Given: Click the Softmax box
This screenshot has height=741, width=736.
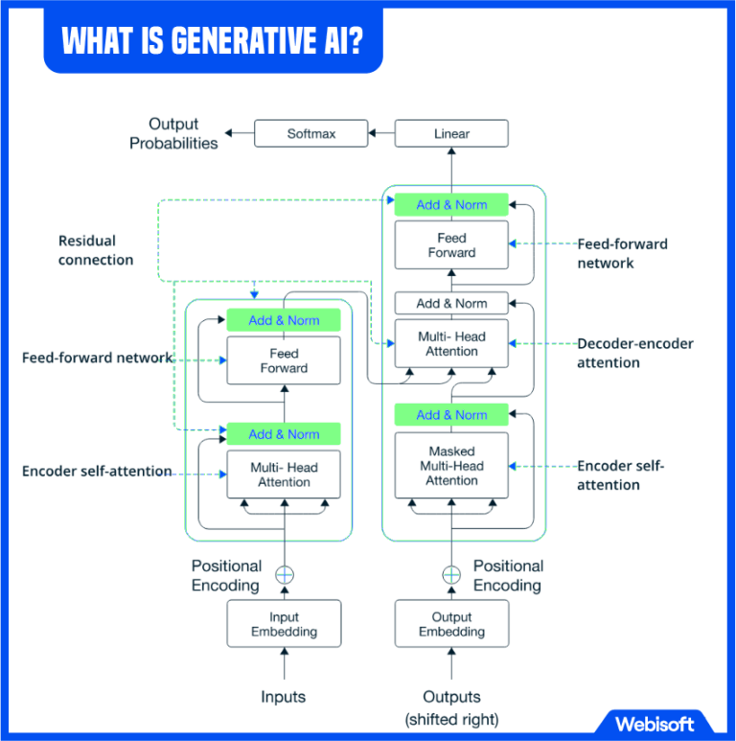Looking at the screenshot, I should [311, 134].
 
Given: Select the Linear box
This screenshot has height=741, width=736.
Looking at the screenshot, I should [451, 134].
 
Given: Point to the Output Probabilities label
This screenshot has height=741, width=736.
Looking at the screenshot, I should [173, 133].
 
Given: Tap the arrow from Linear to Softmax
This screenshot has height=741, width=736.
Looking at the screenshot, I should [382, 134].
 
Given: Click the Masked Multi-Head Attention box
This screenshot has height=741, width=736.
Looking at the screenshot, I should [451, 466].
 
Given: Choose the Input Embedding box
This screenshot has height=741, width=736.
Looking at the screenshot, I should [284, 624].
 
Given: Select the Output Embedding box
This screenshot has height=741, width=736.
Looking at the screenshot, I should [451, 624].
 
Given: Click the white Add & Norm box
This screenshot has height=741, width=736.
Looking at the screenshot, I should [451, 303].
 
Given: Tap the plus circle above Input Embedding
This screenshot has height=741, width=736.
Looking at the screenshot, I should [285, 575].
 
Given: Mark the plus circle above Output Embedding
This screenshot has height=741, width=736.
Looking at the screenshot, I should [451, 575].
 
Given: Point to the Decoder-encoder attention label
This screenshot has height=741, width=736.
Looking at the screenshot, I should [634, 353].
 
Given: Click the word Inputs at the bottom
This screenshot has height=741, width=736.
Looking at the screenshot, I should [284, 697].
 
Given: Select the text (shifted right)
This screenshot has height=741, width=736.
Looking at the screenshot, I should [451, 719].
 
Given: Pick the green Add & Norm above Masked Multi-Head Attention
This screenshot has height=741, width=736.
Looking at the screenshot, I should [451, 415].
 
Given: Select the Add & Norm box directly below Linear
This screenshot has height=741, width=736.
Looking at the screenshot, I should [451, 204].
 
